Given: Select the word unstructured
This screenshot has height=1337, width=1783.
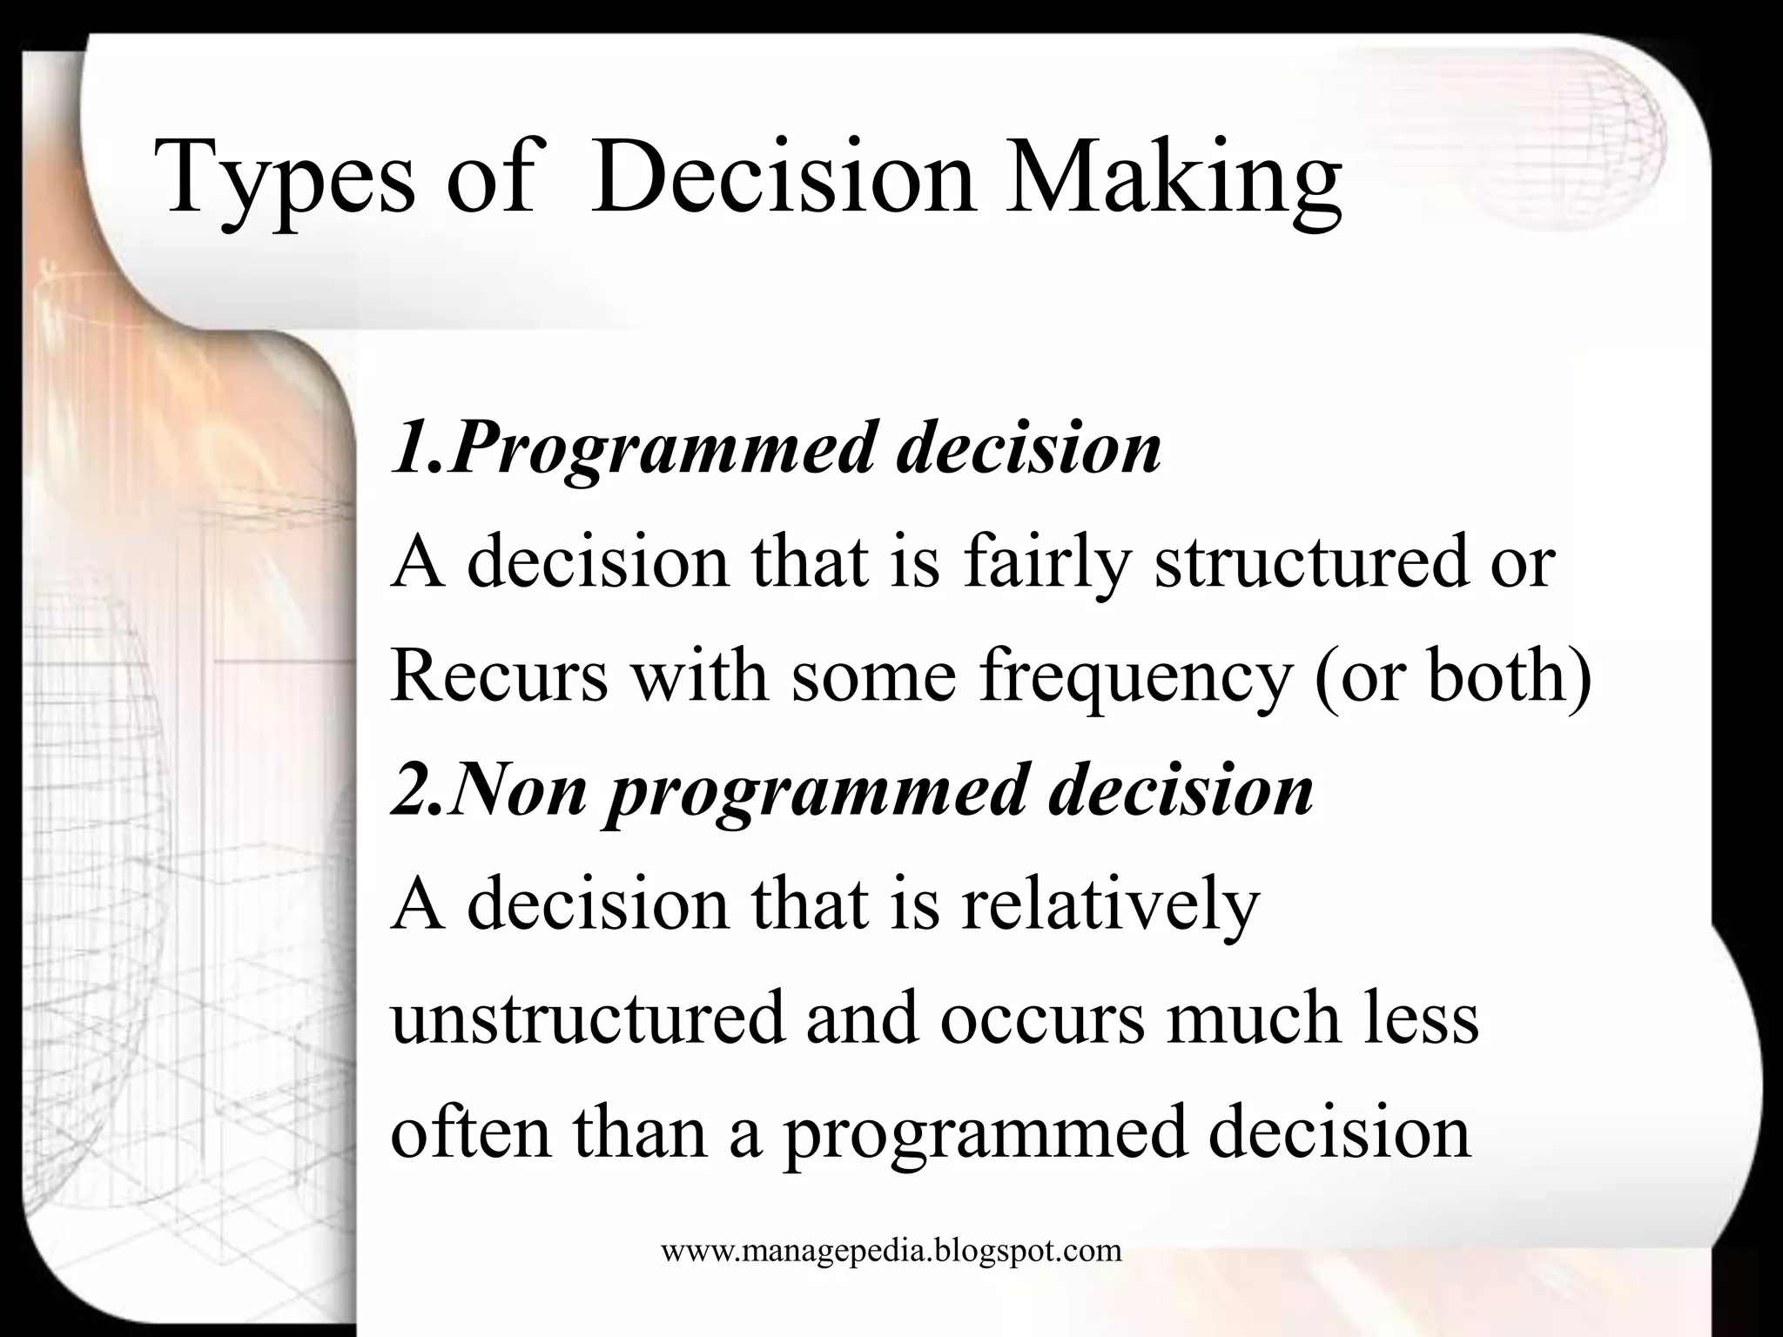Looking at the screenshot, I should [589, 1018].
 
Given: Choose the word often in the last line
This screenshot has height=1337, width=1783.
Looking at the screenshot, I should [470, 1132].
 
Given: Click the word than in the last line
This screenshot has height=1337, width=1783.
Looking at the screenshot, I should [640, 1132].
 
